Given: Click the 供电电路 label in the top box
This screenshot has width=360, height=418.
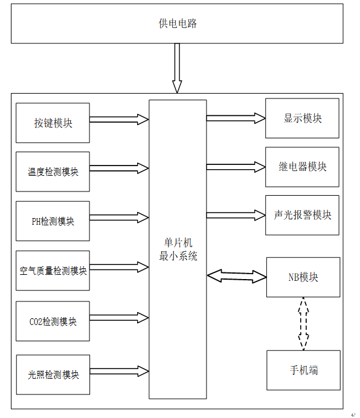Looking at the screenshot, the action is pyautogui.click(x=178, y=24).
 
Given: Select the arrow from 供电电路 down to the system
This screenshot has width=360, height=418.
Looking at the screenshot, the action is pyautogui.click(x=177, y=68).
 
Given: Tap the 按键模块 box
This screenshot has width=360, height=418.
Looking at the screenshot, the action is pyautogui.click(x=53, y=123).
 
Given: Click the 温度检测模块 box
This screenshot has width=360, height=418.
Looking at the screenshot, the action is pyautogui.click(x=53, y=172).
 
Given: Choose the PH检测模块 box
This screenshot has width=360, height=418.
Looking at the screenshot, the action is pyautogui.click(x=53, y=221).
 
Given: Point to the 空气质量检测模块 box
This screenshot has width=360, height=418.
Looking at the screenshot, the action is pyautogui.click(x=53, y=271).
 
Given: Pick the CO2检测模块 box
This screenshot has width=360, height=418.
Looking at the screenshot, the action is pyautogui.click(x=53, y=321).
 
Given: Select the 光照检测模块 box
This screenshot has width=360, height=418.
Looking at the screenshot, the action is pyautogui.click(x=53, y=375).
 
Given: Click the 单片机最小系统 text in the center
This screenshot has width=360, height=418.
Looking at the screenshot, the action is pyautogui.click(x=178, y=249).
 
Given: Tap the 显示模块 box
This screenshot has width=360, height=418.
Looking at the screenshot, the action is pyautogui.click(x=302, y=118).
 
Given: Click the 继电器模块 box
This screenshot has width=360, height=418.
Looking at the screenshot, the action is pyautogui.click(x=302, y=167).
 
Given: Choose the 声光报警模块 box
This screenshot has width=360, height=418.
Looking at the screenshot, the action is pyautogui.click(x=302, y=215).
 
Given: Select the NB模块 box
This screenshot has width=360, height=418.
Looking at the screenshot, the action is pyautogui.click(x=303, y=277).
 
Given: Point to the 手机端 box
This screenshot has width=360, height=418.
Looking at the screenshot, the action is pyautogui.click(x=303, y=370).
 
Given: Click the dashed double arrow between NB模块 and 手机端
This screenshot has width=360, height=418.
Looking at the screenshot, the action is pyautogui.click(x=303, y=324).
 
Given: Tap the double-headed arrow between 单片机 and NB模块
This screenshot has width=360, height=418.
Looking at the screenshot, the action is pyautogui.click(x=237, y=276).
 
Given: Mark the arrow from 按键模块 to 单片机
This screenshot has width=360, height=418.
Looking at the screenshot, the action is pyautogui.click(x=119, y=120).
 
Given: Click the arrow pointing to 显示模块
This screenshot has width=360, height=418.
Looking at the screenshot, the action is pyautogui.click(x=236, y=118).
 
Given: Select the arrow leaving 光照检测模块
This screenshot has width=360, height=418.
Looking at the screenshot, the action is pyautogui.click(x=119, y=371).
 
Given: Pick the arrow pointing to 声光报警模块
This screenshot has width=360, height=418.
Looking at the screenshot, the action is pyautogui.click(x=236, y=215).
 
